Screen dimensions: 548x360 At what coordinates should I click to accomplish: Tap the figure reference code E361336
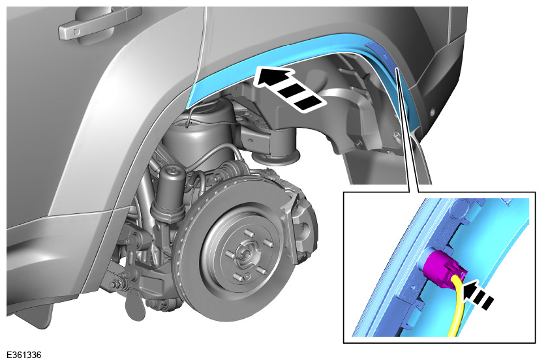click(x=23, y=355)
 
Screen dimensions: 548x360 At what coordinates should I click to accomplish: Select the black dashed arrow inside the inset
click(x=478, y=295)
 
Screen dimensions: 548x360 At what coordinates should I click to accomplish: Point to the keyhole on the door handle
click(x=76, y=33)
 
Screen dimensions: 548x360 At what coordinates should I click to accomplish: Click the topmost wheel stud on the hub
click(x=249, y=232)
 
